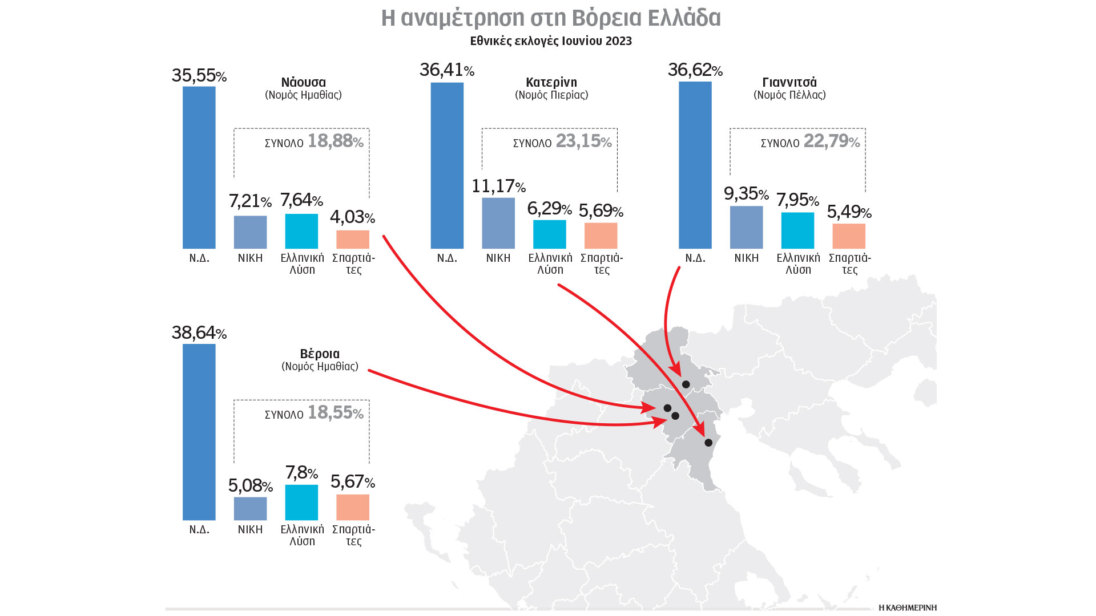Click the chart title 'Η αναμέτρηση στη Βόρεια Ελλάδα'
tap(551, 18)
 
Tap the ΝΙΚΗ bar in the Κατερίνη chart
tap(498, 223)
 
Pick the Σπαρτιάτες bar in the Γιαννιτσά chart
tap(849, 236)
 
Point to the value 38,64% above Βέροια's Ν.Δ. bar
tap(199, 333)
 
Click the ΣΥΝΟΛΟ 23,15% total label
tap(562, 141)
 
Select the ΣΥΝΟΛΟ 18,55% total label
tap(314, 413)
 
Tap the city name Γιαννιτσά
tap(789, 82)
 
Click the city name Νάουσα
tap(303, 82)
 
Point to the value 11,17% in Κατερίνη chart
tap(498, 186)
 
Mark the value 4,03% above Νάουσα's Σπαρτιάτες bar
tap(352, 217)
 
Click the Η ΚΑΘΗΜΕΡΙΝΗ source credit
tap(908, 607)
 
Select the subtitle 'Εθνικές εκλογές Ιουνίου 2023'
tap(551, 41)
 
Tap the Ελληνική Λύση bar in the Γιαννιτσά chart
tap(797, 230)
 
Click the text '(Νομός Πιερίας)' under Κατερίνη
tap(551, 95)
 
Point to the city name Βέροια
tap(320, 354)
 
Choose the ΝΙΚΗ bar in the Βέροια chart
tap(250, 508)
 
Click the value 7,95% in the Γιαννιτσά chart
tap(797, 200)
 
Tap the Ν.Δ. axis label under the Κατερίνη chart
tap(447, 258)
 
